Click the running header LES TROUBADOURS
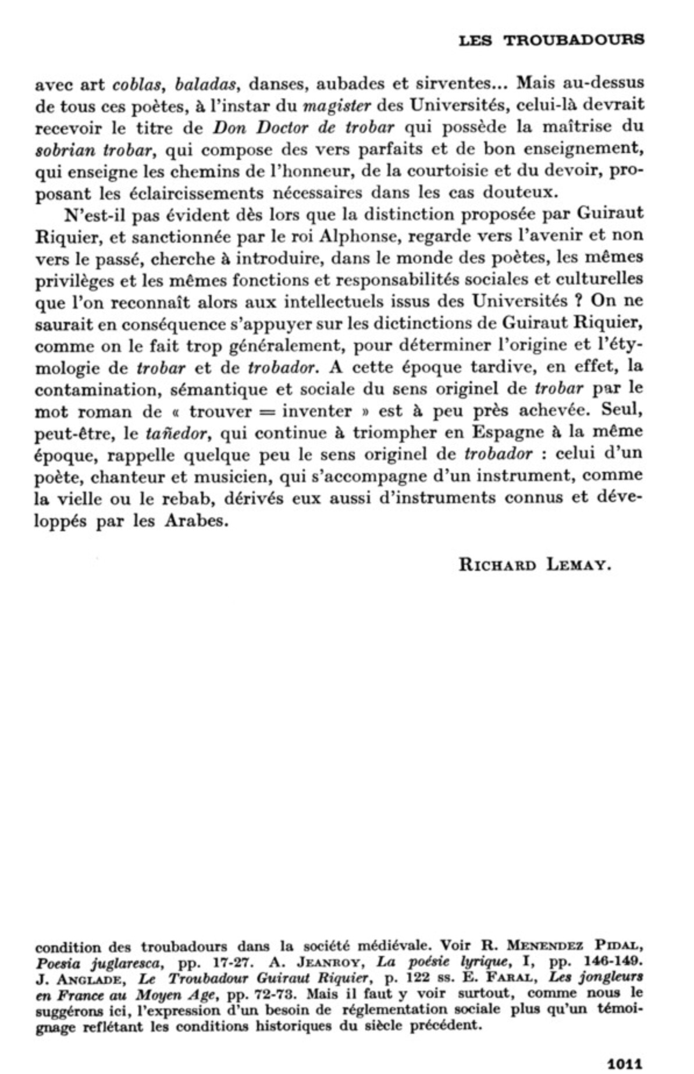click(551, 40)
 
